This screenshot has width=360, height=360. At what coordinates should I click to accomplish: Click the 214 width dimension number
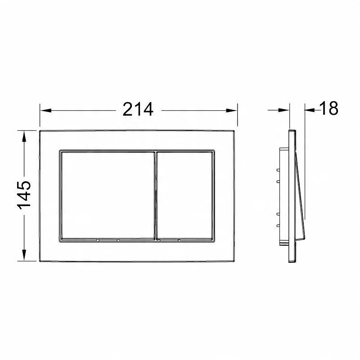click(x=138, y=109)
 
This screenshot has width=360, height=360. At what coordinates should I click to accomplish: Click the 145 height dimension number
click(x=24, y=195)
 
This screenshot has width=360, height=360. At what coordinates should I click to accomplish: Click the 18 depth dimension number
click(x=329, y=108)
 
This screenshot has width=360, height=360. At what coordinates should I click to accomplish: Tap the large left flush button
click(x=108, y=196)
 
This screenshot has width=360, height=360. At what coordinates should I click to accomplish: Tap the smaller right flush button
click(x=185, y=196)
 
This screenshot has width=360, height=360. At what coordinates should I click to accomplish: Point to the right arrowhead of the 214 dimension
click(x=231, y=110)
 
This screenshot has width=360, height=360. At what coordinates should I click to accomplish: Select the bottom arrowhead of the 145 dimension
click(x=24, y=255)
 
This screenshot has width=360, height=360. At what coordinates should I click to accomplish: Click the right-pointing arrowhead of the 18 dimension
click(x=284, y=110)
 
